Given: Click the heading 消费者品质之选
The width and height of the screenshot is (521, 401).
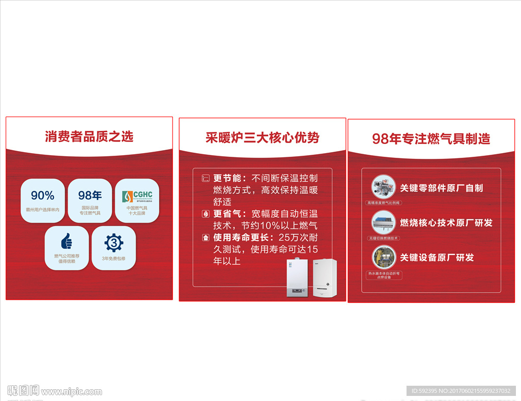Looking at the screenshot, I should click(89, 136).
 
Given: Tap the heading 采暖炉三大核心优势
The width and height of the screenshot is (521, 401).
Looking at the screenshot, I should click(262, 137).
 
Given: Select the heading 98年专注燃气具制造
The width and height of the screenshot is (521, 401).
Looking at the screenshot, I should click(431, 138).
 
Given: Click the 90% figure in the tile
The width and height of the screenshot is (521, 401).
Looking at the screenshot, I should click(43, 195).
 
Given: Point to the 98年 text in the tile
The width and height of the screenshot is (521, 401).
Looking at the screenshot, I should click(90, 195).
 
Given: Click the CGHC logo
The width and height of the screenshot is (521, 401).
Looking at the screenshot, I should click(137, 195).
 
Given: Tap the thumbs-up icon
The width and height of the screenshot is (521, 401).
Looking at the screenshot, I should click(67, 241).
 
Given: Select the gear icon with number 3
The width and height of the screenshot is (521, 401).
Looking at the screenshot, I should click(113, 243).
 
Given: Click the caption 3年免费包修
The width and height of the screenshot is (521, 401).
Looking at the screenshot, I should click(113, 259).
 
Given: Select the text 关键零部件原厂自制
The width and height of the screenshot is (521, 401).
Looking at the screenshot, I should click(441, 188).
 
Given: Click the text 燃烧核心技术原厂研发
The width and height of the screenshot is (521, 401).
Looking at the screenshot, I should click(446, 222).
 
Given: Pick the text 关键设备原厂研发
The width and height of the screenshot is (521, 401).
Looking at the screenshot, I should click(437, 257).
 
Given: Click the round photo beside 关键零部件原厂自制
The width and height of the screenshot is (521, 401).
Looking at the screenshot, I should click(384, 187).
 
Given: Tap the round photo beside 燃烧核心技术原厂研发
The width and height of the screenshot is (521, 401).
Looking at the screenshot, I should click(384, 222).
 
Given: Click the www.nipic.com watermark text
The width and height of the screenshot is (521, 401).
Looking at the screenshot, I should click(71, 392).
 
